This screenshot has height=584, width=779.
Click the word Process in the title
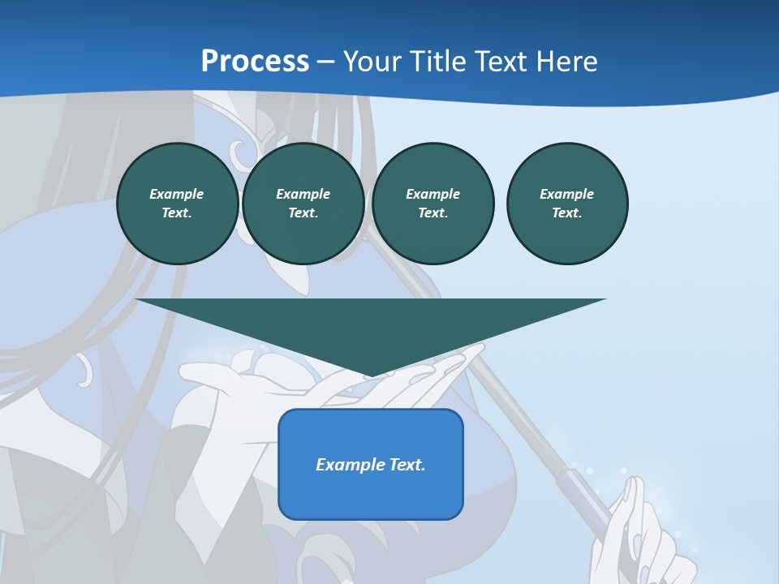click(255, 61)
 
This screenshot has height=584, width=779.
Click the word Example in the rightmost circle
click(567, 194)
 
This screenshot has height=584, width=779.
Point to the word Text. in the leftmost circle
click(177, 213)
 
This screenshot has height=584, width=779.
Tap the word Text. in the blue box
click(405, 465)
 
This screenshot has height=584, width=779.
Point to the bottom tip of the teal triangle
click(372, 375)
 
